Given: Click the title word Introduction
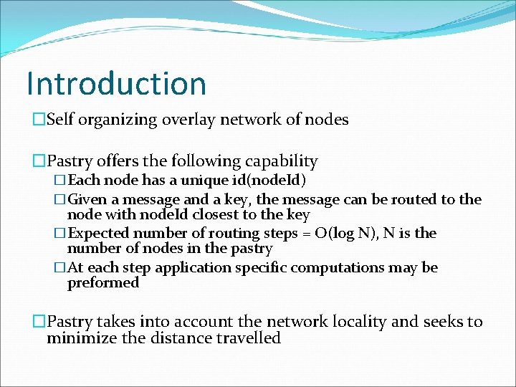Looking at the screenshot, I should pos(116,83).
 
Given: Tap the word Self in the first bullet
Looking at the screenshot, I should pos(60,120).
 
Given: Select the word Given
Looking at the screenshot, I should pos(86,199).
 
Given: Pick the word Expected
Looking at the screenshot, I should pos(97,233).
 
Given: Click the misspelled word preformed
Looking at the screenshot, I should pos(102,283).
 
